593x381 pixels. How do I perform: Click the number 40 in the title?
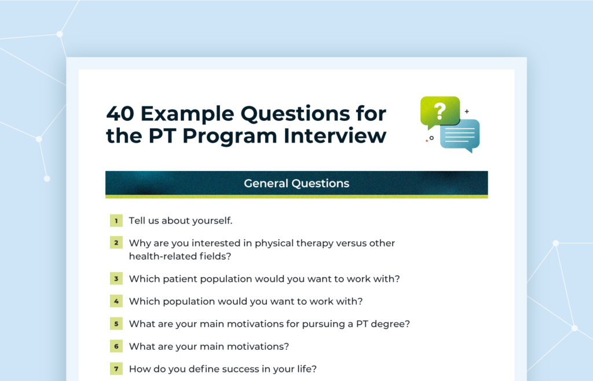[120, 114]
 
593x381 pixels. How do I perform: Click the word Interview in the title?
[335, 136]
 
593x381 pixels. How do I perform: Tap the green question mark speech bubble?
[440, 112]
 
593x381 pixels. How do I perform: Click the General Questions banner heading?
[296, 183]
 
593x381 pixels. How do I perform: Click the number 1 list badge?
[116, 220]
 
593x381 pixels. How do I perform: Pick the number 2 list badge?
[116, 243]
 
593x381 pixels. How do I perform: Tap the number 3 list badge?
[116, 279]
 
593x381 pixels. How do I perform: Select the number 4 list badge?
[116, 301]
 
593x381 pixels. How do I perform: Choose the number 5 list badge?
[116, 324]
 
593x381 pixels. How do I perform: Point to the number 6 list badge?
[116, 346]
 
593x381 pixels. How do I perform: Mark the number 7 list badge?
[116, 369]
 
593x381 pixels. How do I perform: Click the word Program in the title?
[229, 136]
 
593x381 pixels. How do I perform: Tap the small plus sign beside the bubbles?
[467, 112]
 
